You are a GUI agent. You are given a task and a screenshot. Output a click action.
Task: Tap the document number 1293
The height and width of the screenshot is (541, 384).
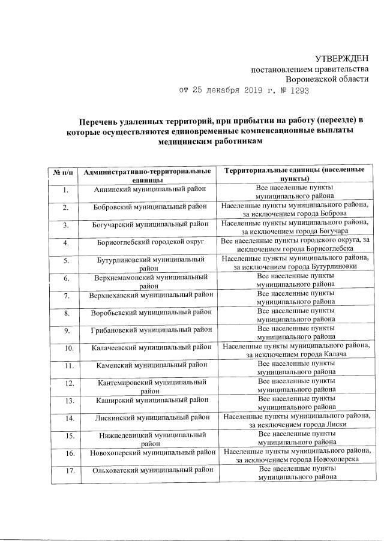point(299,91)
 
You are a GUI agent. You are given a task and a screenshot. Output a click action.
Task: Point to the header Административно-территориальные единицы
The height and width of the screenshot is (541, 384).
point(148,175)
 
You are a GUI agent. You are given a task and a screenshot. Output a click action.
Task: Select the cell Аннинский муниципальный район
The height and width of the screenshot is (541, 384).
point(148,190)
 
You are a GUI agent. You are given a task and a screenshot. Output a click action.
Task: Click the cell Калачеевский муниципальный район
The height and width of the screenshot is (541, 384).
point(148,347)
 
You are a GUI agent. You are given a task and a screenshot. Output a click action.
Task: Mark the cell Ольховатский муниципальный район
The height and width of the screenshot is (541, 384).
point(148,470)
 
